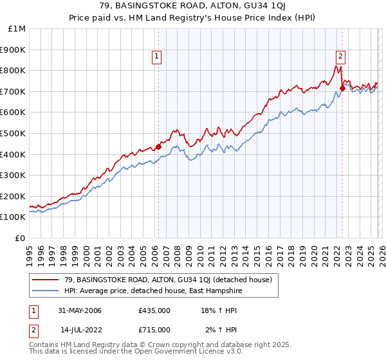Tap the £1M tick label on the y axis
17,29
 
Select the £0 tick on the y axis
20,238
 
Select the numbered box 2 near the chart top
340,56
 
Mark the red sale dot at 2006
158,147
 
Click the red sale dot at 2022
342,89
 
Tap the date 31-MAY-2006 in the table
80,311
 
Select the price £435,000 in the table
154,311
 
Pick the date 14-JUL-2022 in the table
82,329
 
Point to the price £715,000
154,329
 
